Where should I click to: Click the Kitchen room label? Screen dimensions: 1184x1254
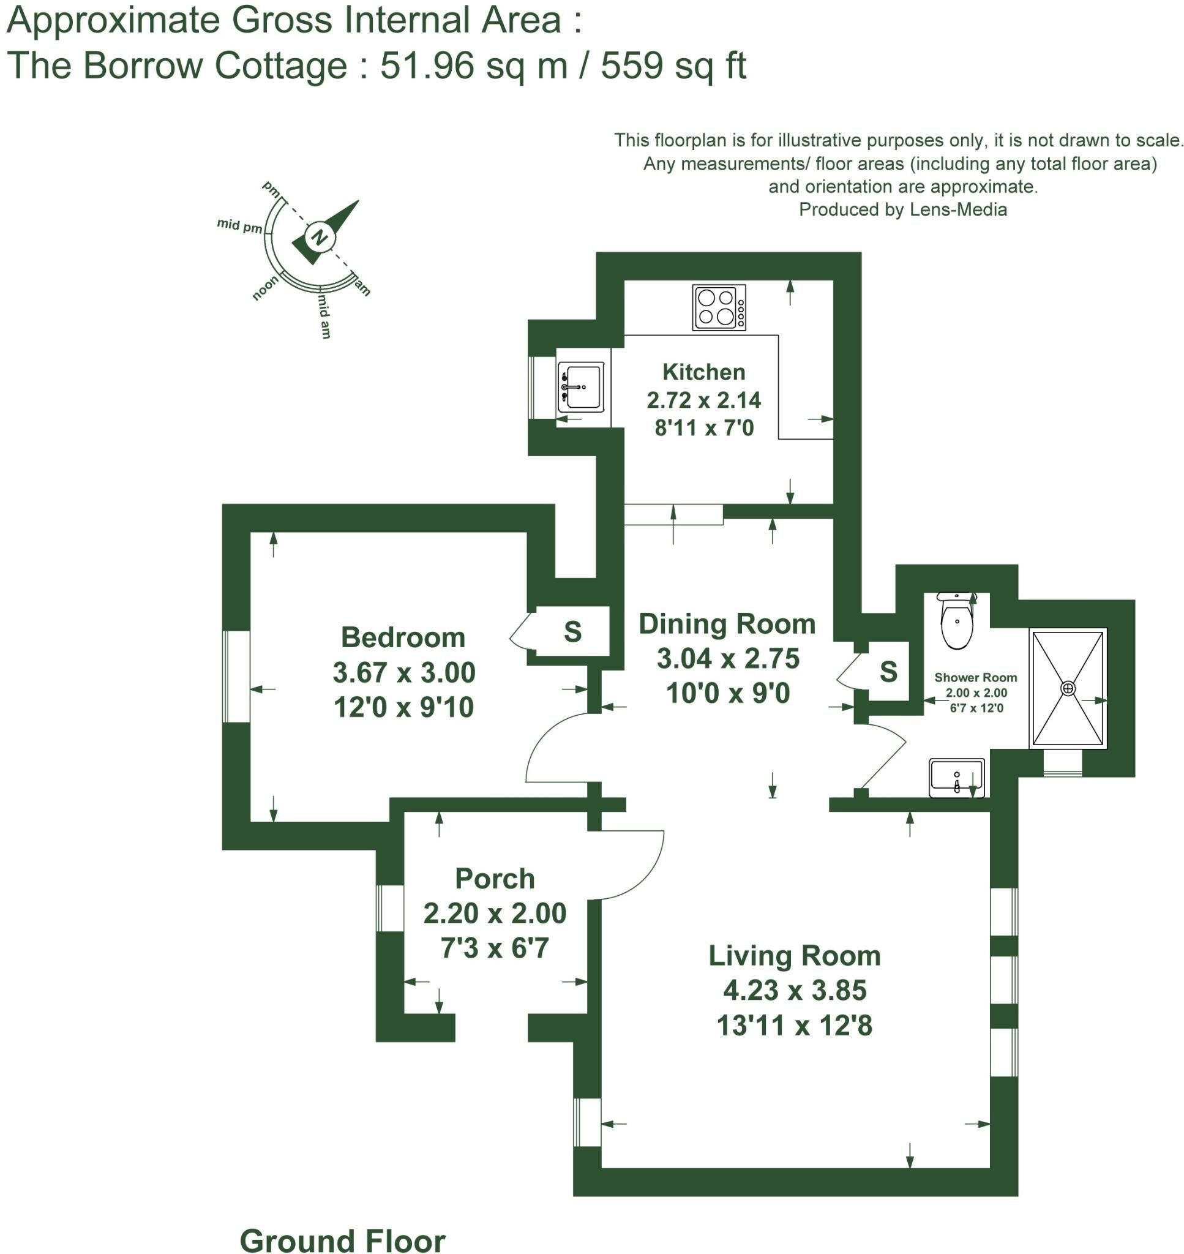pos(703,372)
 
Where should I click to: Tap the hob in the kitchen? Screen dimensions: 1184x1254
pos(719,307)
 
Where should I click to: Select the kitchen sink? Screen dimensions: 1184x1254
pos(580,387)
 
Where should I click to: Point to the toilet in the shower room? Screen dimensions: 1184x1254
pos(957,620)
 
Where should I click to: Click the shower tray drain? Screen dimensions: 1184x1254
pos(1068,688)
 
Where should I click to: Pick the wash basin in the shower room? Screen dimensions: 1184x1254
pos(957,778)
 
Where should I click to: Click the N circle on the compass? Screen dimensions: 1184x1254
pos(320,238)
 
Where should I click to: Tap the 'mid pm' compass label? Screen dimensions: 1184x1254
pos(239,225)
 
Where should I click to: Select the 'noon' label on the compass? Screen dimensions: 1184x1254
pos(265,288)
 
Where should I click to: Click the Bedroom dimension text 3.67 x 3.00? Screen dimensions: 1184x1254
pos(404,672)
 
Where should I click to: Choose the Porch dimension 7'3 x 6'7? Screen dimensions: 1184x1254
pos(495,947)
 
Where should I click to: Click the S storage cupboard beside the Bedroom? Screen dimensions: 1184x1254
pos(572,631)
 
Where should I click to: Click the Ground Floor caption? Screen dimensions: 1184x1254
pos(343,1240)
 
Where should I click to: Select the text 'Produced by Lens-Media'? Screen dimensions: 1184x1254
pos(903,209)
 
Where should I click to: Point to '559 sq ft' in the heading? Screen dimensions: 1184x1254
pos(673,66)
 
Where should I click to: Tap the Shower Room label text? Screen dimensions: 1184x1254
pos(976,677)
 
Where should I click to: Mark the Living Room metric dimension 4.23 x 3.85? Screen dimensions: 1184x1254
pos(795,989)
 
